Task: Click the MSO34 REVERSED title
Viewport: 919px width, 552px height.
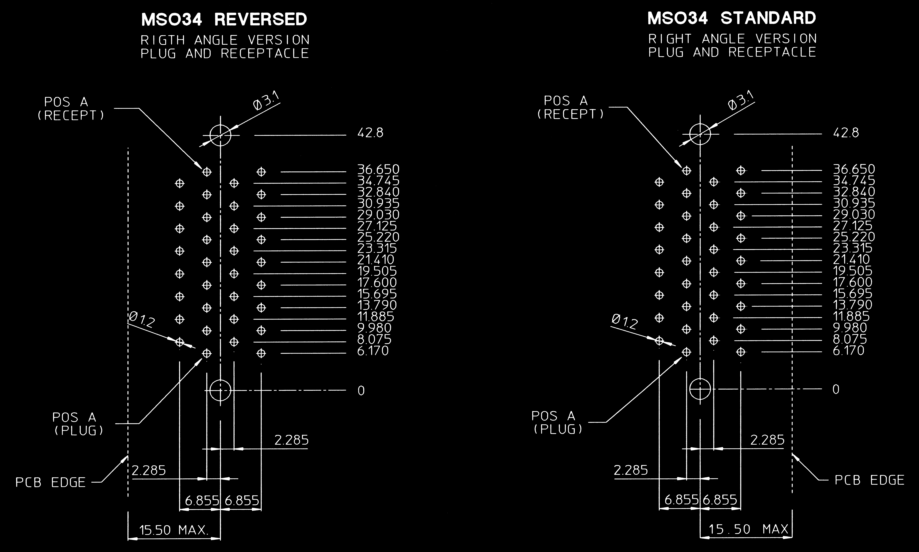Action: (224, 19)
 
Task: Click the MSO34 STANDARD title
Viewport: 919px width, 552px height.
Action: (732, 18)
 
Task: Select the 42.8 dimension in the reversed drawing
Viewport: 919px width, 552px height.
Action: (370, 133)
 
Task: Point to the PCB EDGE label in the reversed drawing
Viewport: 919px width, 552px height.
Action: (51, 482)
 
